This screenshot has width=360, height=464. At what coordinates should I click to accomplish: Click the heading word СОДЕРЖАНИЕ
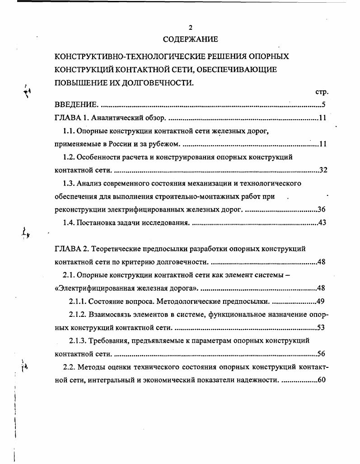point(190,39)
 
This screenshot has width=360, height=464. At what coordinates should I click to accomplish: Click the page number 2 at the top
point(191,28)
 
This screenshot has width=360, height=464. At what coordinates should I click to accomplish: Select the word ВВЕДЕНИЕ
point(75,105)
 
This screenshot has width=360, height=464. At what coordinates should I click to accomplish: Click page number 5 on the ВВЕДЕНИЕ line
point(324,105)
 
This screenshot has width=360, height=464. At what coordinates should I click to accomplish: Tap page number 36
point(322,209)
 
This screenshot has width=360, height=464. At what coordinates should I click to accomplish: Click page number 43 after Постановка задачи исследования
point(322,223)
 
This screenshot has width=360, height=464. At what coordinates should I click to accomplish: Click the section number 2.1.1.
point(78,301)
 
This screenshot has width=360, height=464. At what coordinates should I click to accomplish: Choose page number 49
point(322,301)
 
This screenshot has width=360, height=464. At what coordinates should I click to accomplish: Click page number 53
point(322,327)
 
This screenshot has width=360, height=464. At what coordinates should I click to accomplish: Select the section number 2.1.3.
point(78,340)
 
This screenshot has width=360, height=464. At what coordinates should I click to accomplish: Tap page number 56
point(322,354)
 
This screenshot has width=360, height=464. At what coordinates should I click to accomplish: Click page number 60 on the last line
point(322,380)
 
